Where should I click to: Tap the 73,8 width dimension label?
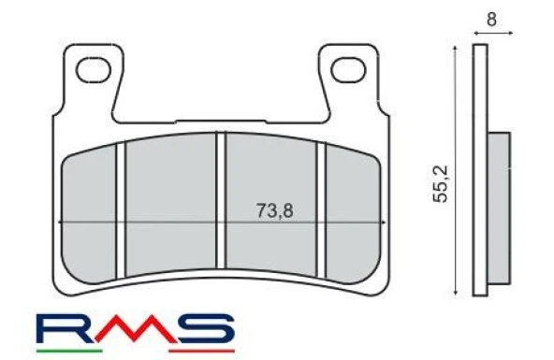274,210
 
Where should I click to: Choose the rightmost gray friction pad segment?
350,210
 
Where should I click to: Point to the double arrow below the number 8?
493,33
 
